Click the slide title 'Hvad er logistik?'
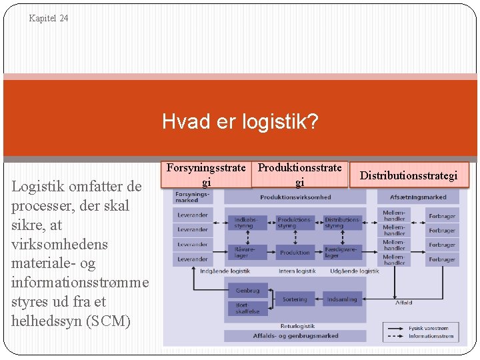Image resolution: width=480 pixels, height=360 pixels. point(240,122)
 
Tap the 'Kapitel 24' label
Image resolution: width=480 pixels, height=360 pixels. point(49,19)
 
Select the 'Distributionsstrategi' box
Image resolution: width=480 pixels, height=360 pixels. point(409,176)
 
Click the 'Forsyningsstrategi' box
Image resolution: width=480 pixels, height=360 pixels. point(206,175)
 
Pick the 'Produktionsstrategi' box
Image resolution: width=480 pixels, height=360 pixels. point(299,175)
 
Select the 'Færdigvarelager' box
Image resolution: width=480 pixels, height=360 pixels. point(341,252)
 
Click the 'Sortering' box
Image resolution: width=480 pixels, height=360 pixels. point(295,299)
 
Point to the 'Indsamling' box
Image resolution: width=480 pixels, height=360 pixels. point(341,299)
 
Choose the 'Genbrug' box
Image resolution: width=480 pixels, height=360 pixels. point(247,291)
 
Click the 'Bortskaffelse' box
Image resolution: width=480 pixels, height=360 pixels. point(247,308)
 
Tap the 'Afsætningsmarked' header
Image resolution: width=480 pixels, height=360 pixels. point(418,197)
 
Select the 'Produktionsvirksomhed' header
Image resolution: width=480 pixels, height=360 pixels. point(295,197)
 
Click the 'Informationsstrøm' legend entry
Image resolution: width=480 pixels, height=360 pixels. point(431,336)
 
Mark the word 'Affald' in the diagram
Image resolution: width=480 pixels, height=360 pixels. point(403,303)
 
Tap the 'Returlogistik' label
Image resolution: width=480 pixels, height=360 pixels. point(297,326)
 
